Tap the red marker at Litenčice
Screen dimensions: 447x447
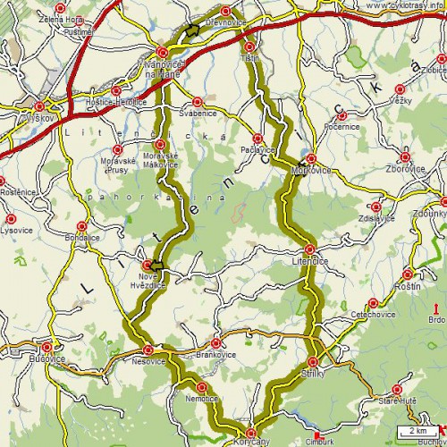point(309,249)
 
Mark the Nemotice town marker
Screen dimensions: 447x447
point(201,387)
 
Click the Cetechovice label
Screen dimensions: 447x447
point(358,315)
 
